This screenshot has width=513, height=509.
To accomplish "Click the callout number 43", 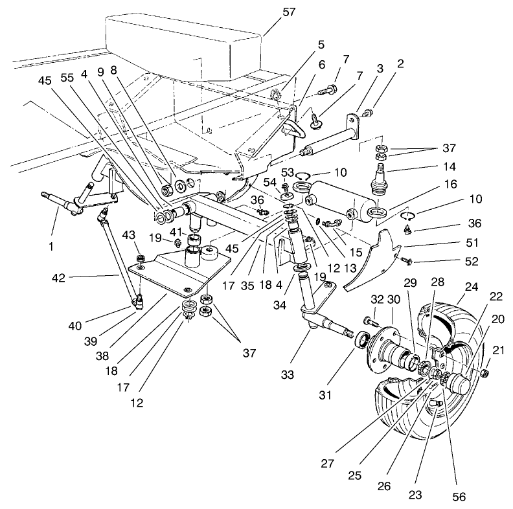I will (x=129, y=234).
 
